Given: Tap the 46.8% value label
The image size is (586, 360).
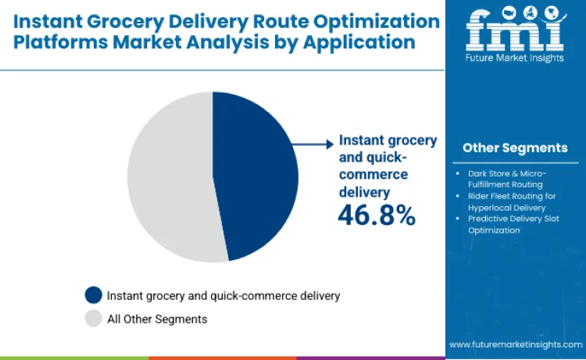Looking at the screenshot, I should [x=376, y=215].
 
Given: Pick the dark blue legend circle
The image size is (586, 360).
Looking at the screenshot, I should [x=94, y=295].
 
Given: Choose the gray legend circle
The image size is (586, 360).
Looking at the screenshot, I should [x=94, y=319].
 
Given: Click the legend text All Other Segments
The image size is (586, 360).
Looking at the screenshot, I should [x=157, y=319].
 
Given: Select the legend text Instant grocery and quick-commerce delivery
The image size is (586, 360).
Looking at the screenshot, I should [x=223, y=295].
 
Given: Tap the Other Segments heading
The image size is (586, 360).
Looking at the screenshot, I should [x=515, y=148].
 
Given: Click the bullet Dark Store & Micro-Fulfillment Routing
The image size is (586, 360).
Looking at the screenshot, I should [x=513, y=178].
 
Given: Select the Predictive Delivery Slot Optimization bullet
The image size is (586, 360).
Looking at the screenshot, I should [x=513, y=225].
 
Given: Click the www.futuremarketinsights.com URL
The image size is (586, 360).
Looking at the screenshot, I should [x=516, y=344].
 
